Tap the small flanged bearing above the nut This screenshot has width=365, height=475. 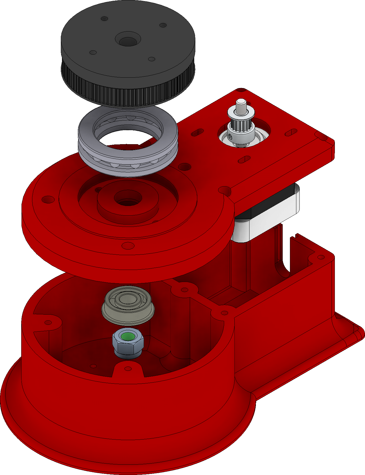coord(128,307)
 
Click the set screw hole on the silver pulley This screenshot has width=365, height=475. coord(230,136)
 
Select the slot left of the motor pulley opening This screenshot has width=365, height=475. coord(198,132)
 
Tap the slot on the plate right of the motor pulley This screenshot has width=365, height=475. coord(291,132)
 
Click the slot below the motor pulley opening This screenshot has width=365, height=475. coord(244,160)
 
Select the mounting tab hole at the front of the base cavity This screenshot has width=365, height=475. coord(128,369)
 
